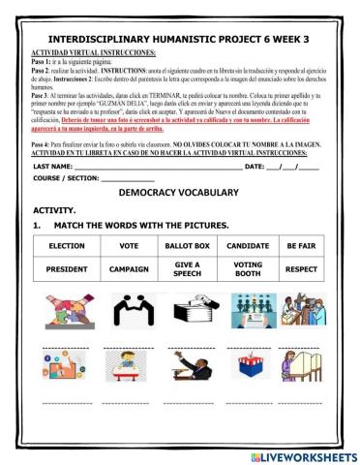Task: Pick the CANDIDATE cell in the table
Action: pyautogui.click(x=248, y=245)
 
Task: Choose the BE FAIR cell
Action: pyautogui.click(x=301, y=245)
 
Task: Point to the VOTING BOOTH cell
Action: pyautogui.click(x=248, y=268)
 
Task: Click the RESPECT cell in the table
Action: pyautogui.click(x=301, y=268)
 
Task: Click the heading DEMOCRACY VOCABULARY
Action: pyautogui.click(x=179, y=194)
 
